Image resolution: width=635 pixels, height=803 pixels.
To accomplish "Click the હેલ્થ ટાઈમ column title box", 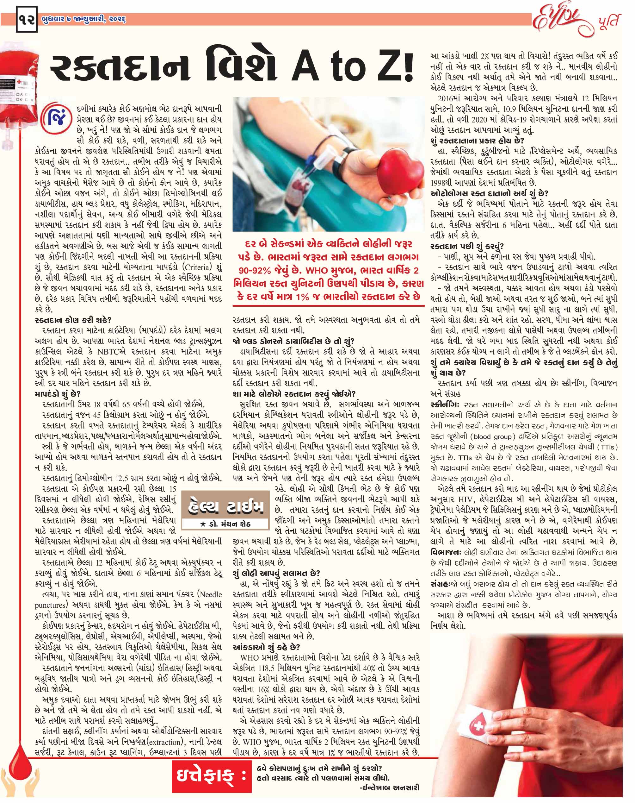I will click(x=225, y=507).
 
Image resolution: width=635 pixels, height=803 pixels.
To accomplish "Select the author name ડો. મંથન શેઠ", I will click(x=227, y=524).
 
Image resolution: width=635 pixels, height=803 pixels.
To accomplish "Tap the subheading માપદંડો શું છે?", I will click(x=58, y=394).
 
